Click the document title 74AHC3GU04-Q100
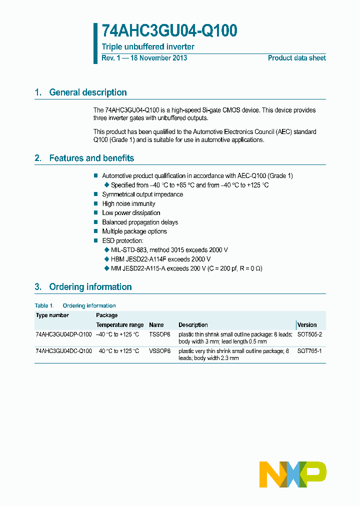pyautogui.click(x=169, y=31)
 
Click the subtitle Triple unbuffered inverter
pyautogui.click(x=148, y=47)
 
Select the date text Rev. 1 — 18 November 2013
pyautogui.click(x=144, y=58)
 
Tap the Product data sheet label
pyautogui.click(x=296, y=58)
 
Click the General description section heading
pyautogui.click(x=87, y=92)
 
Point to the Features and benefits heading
pyautogui.click(x=91, y=158)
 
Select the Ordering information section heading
pyautogui.click(x=90, y=287)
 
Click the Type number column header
pyautogui.click(x=52, y=315)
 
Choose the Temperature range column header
pyautogui.click(x=119, y=325)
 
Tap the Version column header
pyautogui.click(x=307, y=325)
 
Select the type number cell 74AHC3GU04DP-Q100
pyautogui.click(x=63, y=334)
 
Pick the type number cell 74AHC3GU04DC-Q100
pyautogui.click(x=63, y=351)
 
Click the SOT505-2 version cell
pyautogui.click(x=309, y=334)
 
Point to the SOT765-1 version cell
pyautogui.click(x=309, y=351)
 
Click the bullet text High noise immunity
pyautogui.click(x=128, y=203)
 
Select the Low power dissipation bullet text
pyautogui.click(x=131, y=213)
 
